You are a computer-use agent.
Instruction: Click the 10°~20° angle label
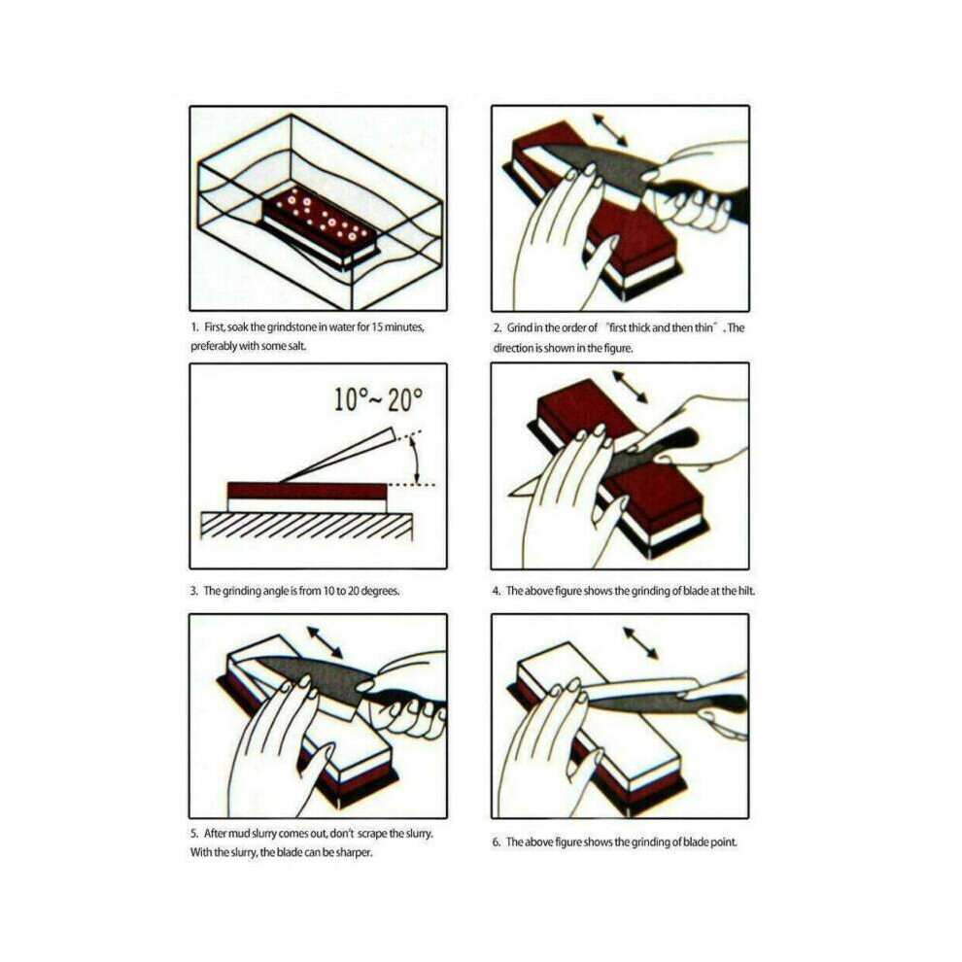pos(379,399)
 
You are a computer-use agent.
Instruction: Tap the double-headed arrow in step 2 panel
pos(609,129)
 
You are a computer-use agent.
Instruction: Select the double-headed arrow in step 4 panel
pos(630,387)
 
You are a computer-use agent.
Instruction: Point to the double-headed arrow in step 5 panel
pos(326,642)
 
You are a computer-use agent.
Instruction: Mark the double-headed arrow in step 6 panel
pos(640,643)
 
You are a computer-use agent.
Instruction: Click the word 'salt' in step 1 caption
pos(295,346)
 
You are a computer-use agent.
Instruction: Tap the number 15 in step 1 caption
pos(377,327)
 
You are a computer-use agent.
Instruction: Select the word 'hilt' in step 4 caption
pos(745,591)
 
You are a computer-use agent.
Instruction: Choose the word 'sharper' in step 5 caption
pos(353,852)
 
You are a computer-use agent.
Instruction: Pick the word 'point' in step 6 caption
pos(723,842)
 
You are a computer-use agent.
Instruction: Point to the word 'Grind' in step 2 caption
pos(519,327)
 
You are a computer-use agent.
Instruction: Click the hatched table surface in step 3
pos(307,526)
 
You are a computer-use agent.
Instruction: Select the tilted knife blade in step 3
pos(337,455)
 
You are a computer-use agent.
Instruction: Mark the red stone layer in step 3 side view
pos(307,491)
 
